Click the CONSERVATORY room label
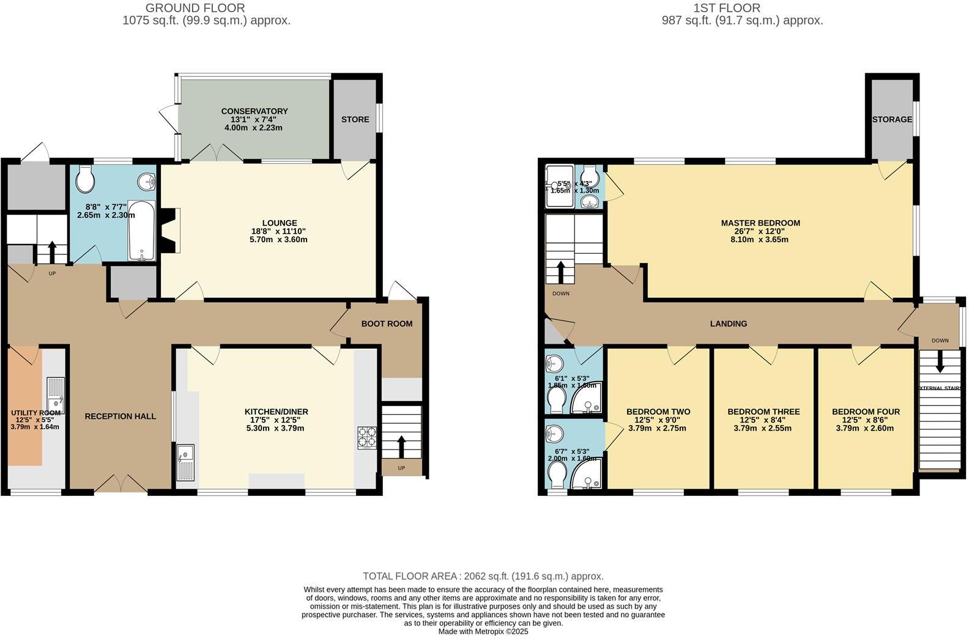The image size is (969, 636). click(x=254, y=111)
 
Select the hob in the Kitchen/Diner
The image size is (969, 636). click(x=367, y=438)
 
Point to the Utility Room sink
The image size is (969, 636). click(x=56, y=394)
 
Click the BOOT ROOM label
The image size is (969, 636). click(x=387, y=324)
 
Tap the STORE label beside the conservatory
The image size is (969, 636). click(x=355, y=119)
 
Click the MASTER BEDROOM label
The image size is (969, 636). click(x=760, y=223)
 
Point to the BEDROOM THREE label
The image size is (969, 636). click(x=763, y=412)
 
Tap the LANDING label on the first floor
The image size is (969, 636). click(x=728, y=324)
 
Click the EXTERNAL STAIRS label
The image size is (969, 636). click(x=940, y=388)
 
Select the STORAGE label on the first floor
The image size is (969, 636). click(x=892, y=119)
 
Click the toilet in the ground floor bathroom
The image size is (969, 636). click(x=85, y=179)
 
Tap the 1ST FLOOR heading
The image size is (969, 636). click(x=727, y=8)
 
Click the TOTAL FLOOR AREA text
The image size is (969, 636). click(x=483, y=576)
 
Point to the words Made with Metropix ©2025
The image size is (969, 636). click(x=483, y=631)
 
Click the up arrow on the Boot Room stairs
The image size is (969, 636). click(x=401, y=446)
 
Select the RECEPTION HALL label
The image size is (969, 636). click(x=121, y=416)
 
